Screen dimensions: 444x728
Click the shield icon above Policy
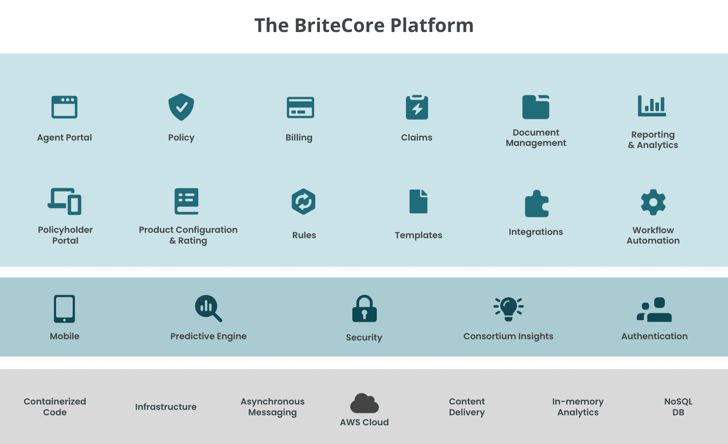click(x=181, y=107)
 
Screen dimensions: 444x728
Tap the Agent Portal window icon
click(x=64, y=107)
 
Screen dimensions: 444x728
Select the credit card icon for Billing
click(x=300, y=107)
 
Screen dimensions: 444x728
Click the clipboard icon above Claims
click(x=417, y=107)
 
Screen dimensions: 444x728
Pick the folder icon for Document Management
click(x=536, y=107)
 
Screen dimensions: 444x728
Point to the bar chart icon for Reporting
click(x=652, y=106)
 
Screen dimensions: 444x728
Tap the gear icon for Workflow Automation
click(x=653, y=202)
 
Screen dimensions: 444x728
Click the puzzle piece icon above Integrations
click(x=536, y=204)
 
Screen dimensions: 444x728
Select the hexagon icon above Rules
click(x=303, y=202)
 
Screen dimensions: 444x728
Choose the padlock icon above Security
click(x=364, y=309)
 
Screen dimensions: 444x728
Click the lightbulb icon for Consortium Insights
click(x=509, y=309)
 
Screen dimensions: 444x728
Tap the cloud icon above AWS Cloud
click(x=364, y=403)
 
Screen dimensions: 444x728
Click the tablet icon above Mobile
click(x=64, y=309)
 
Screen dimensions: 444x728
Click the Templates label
click(x=418, y=235)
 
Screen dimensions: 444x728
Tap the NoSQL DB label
click(x=678, y=407)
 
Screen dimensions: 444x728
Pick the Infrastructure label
click(x=166, y=407)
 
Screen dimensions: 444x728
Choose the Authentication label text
click(x=654, y=336)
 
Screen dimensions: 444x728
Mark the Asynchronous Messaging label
click(x=273, y=407)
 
